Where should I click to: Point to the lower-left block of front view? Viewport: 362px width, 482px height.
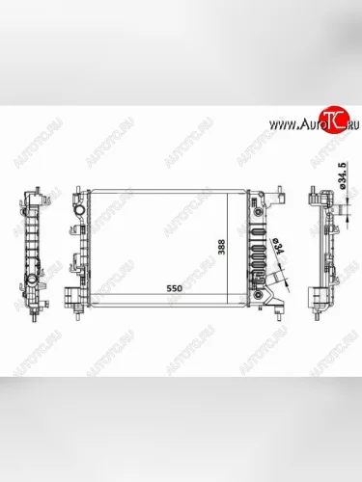coord(73,295)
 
